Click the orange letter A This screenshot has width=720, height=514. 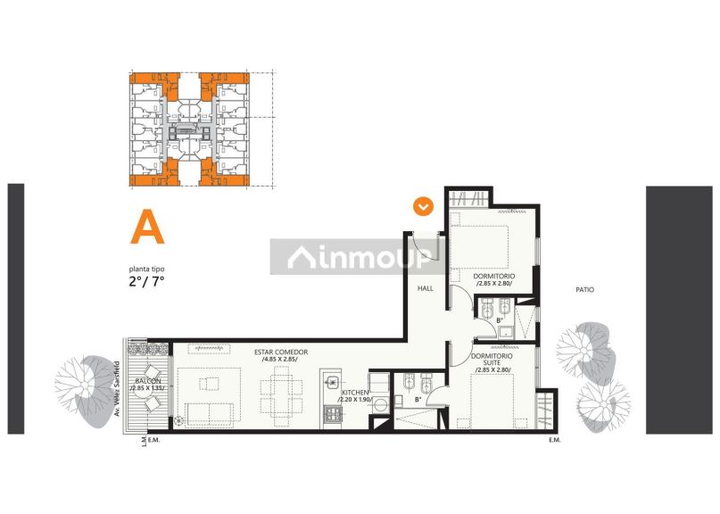tap(147, 227)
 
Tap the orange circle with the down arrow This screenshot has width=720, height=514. tap(423, 207)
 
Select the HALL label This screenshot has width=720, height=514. tap(426, 288)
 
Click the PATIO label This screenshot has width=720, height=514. tap(584, 289)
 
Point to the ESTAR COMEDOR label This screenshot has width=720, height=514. tap(281, 352)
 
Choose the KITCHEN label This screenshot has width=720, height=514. tap(355, 393)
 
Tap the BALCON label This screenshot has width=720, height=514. tap(148, 381)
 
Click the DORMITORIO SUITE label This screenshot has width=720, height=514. tap(492, 360)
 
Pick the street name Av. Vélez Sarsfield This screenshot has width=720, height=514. tap(117, 389)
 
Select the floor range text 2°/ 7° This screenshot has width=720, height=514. tap(146, 281)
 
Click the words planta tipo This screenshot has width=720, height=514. tap(146, 269)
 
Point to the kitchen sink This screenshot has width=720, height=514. tap(332, 381)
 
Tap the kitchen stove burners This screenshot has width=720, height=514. tap(333, 415)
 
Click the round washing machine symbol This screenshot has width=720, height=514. tap(381, 404)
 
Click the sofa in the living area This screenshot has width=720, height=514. tap(209, 415)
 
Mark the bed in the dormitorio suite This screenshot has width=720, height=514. tap(492, 401)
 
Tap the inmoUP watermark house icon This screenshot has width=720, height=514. tap(302, 257)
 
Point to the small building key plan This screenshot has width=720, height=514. tap(190, 129)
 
